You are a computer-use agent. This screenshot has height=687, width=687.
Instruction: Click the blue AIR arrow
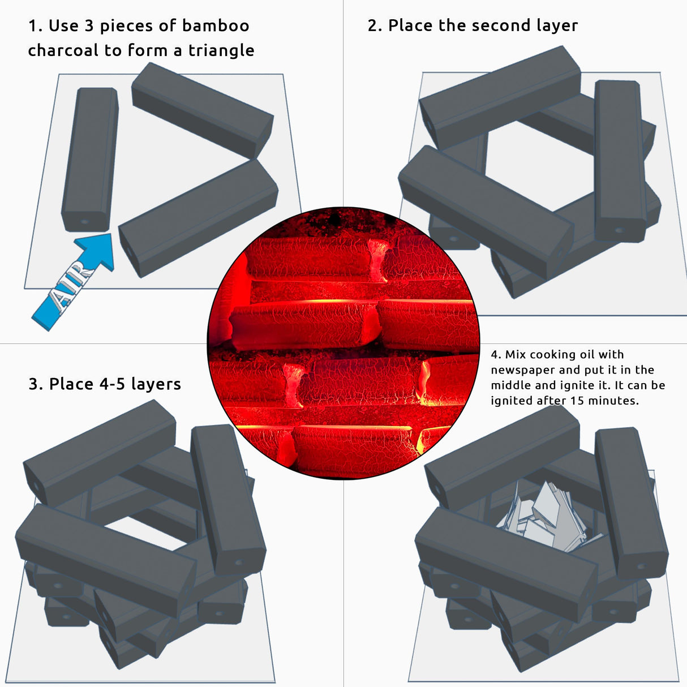[x=74, y=282]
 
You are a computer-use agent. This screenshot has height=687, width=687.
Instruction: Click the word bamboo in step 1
[x=216, y=25]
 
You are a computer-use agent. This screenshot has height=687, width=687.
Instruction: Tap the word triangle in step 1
[x=221, y=51]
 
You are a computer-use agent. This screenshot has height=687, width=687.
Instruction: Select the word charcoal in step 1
[x=63, y=50]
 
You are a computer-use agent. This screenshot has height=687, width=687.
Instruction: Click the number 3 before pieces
[x=89, y=26]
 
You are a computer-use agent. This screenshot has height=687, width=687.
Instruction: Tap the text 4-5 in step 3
[x=109, y=384]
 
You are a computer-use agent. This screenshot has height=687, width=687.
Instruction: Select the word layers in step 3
[x=156, y=385]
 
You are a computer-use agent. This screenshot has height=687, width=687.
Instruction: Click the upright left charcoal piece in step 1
[x=89, y=160]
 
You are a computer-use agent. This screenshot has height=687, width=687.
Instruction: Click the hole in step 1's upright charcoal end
[x=84, y=222]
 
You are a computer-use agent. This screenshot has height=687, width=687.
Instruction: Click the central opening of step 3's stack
[x=146, y=532]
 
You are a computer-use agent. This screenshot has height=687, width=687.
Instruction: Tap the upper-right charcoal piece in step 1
[x=203, y=110]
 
